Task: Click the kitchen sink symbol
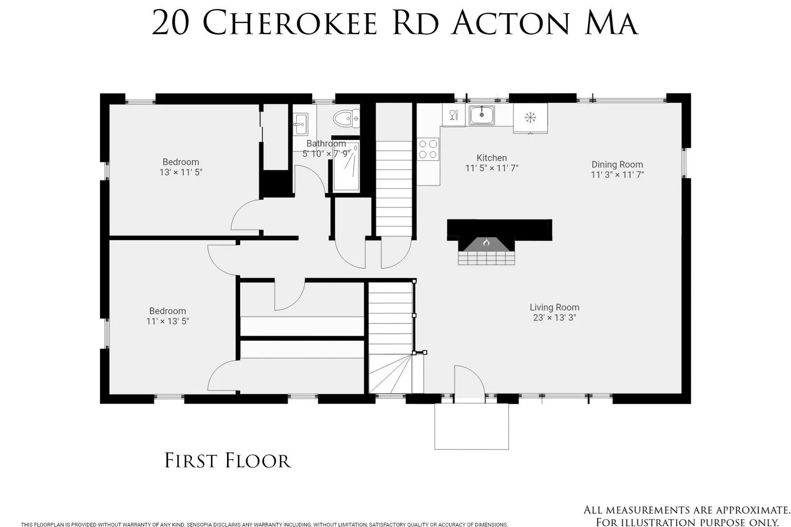click(481, 115)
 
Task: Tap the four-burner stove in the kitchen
click(428, 149)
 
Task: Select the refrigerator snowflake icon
click(530, 117)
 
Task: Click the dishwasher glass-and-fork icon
click(454, 115)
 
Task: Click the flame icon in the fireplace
click(486, 243)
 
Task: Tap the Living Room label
click(554, 307)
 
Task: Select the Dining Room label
click(617, 164)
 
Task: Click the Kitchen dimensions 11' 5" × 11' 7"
click(492, 168)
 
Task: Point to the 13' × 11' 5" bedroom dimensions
click(181, 172)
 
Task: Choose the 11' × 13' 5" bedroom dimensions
click(168, 321)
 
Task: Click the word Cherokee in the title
click(290, 23)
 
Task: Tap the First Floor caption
click(228, 461)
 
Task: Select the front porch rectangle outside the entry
click(471, 426)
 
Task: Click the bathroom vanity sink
click(301, 124)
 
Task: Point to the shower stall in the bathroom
click(346, 165)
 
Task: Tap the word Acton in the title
click(511, 23)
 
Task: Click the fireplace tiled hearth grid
click(486, 258)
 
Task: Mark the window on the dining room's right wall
click(684, 163)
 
